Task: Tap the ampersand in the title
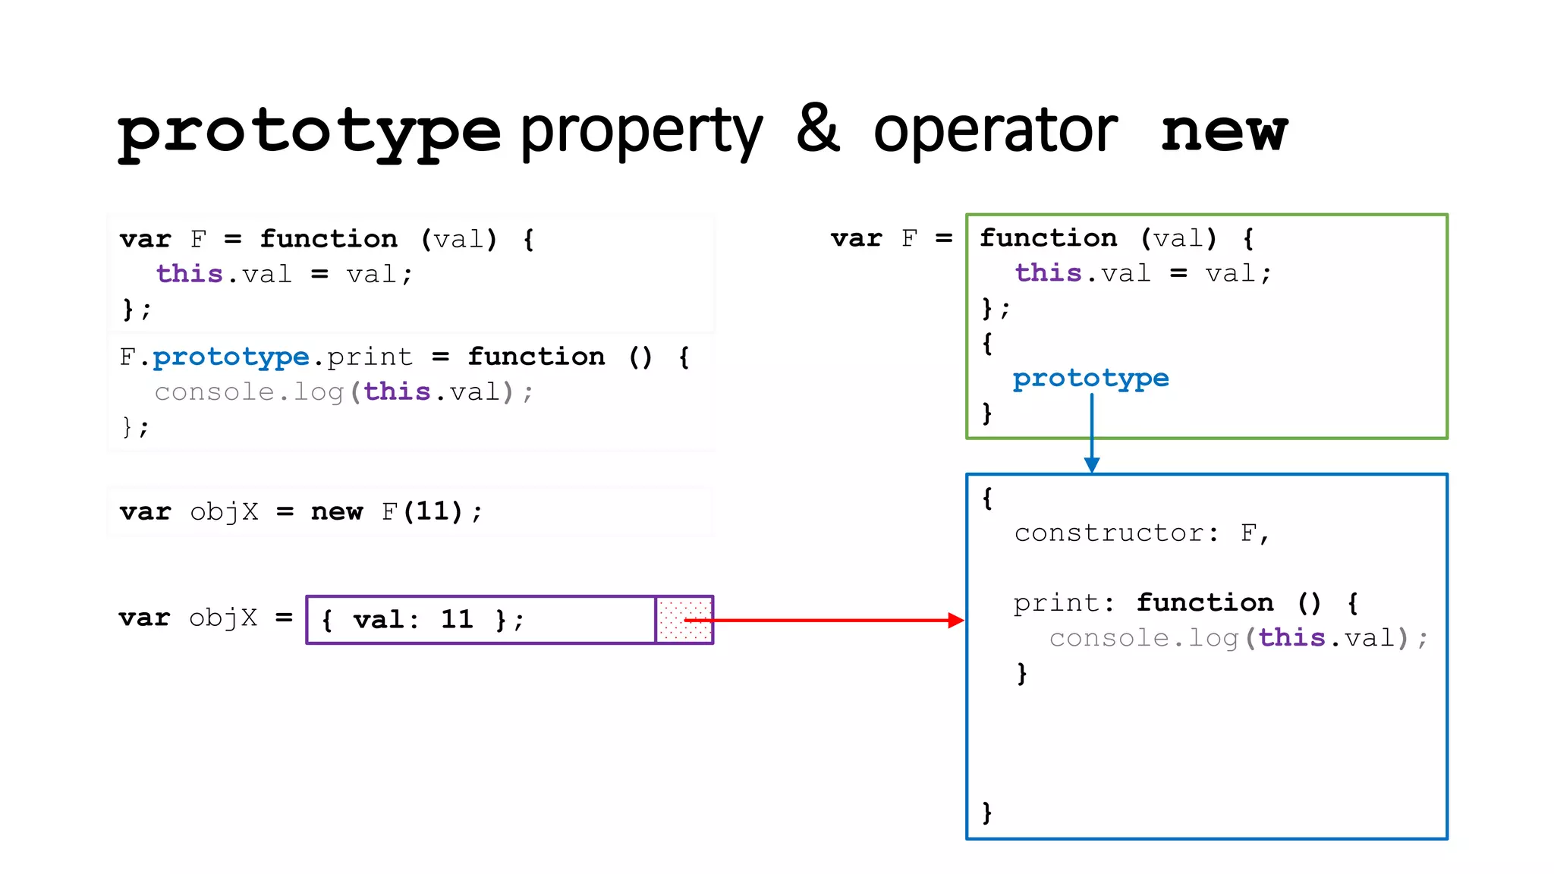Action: tap(817, 129)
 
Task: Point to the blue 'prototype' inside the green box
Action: tap(1090, 378)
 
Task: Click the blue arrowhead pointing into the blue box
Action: tap(1092, 464)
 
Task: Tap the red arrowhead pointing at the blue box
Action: tap(955, 621)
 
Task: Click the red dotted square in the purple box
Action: tap(684, 620)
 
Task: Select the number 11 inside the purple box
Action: tap(457, 619)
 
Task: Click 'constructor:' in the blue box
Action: tap(1116, 533)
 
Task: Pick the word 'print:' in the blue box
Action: tap(1064, 603)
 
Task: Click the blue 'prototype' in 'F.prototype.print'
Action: tap(231, 357)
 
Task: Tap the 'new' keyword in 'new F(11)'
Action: tap(337, 512)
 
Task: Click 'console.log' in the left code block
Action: tap(249, 392)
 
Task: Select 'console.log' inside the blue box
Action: tap(1143, 638)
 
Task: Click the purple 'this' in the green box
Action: tap(1049, 273)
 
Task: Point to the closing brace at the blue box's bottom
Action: tap(986, 812)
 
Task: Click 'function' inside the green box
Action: tap(1049, 238)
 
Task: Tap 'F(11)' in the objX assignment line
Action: tap(422, 512)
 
